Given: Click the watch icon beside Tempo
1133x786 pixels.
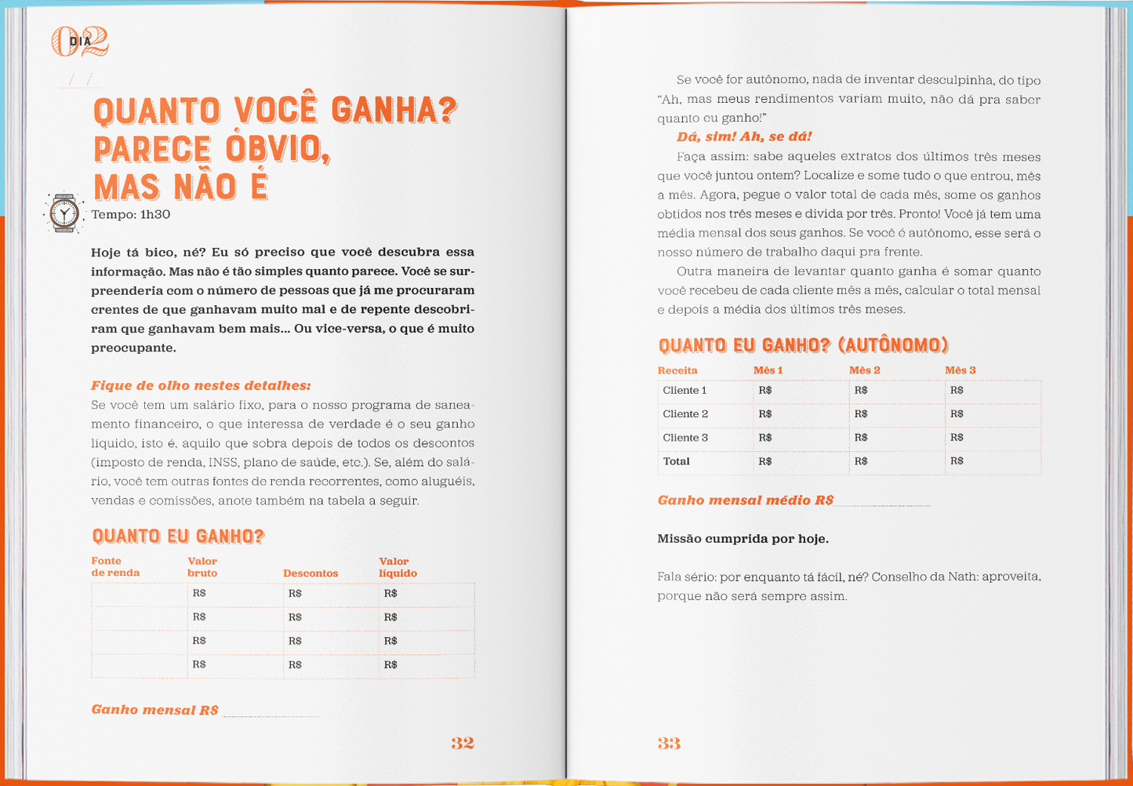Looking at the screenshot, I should pos(64,213).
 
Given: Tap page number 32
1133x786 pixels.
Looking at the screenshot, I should pos(463,743).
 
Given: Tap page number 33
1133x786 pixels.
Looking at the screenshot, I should pos(669,743).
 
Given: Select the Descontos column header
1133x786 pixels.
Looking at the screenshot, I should pos(310,573).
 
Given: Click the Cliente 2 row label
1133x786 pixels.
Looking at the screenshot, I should pos(685,414).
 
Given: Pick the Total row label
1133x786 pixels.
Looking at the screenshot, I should pos(677,461).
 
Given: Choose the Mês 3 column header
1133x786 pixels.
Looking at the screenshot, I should pos(961,370).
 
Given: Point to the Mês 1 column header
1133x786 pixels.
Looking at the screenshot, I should pos(768,370).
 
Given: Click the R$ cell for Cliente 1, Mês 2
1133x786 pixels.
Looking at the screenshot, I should pos(861,391).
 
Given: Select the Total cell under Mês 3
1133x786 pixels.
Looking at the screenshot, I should pos(957,461).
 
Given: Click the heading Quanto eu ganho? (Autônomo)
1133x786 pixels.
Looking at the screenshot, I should pos(804,345).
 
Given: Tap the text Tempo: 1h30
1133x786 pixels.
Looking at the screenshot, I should pos(131,215).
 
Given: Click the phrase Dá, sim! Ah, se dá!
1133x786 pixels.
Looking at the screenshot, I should pos(744,137).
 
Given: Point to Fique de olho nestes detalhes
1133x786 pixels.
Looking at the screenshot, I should pos(201,386).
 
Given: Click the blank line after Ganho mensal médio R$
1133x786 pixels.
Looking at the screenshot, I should pos(883,502).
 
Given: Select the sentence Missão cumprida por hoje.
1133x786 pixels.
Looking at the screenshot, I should pos(743,539).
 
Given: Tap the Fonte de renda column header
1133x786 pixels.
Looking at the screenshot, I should pos(114,567).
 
